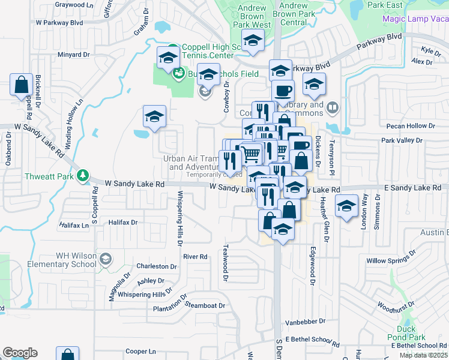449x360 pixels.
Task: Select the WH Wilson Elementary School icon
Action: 106,259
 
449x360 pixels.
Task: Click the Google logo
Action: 20,353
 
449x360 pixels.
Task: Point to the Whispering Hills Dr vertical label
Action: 179,219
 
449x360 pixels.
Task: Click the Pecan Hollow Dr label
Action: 411,126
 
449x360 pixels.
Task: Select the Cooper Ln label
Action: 140,351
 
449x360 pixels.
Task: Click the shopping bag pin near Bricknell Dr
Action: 22,85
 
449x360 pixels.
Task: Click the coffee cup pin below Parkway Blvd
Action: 283,91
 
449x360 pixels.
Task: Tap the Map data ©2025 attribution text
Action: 423,355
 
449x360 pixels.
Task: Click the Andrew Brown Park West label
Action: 253,17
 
